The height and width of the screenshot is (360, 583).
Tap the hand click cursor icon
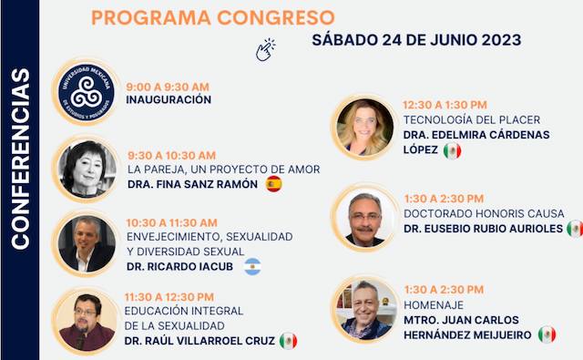tap(265, 49)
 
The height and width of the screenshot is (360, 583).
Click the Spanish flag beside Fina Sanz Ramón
tap(273, 184)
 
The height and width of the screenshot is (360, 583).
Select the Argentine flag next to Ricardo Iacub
tap(251, 266)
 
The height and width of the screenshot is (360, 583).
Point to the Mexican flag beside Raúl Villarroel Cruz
tap(288, 341)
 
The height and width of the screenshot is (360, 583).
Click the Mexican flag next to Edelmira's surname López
tap(452, 150)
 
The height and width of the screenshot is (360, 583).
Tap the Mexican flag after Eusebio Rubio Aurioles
tap(574, 228)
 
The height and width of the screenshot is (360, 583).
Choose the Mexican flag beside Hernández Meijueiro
tap(547, 334)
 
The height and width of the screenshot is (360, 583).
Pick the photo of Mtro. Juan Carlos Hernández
tap(364, 311)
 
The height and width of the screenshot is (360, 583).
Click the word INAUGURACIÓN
tap(169, 98)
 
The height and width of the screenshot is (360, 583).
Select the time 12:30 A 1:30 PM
tap(445, 105)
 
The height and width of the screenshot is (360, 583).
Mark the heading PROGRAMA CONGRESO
tap(213, 17)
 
